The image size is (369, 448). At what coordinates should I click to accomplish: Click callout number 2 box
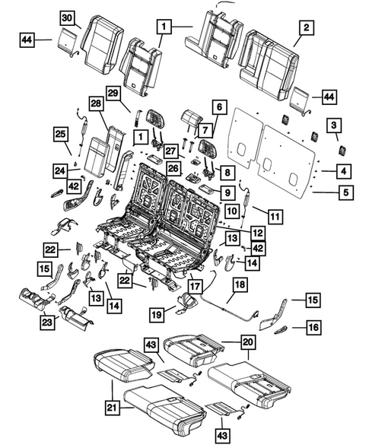305,28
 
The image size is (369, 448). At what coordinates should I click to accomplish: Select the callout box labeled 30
68,17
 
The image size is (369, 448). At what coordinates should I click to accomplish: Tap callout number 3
334,125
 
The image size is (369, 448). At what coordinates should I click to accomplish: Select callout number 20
247,343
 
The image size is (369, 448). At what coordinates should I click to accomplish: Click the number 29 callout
113,93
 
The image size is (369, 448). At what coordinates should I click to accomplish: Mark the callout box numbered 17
196,288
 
